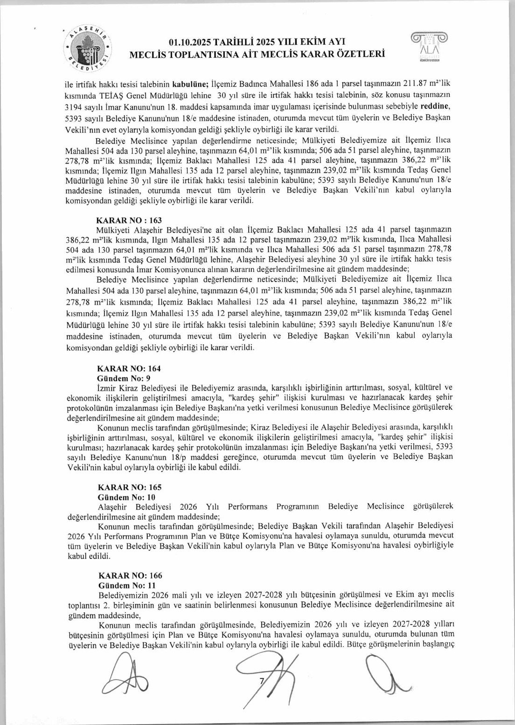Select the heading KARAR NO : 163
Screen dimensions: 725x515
[129, 220]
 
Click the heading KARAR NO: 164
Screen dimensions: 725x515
[129, 368]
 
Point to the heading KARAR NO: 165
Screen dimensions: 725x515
[129, 487]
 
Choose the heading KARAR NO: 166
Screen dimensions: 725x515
[130, 576]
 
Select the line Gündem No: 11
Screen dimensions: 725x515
[127, 586]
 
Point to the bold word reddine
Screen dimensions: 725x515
[435, 106]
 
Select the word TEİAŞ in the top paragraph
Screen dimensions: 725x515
[111, 96]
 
